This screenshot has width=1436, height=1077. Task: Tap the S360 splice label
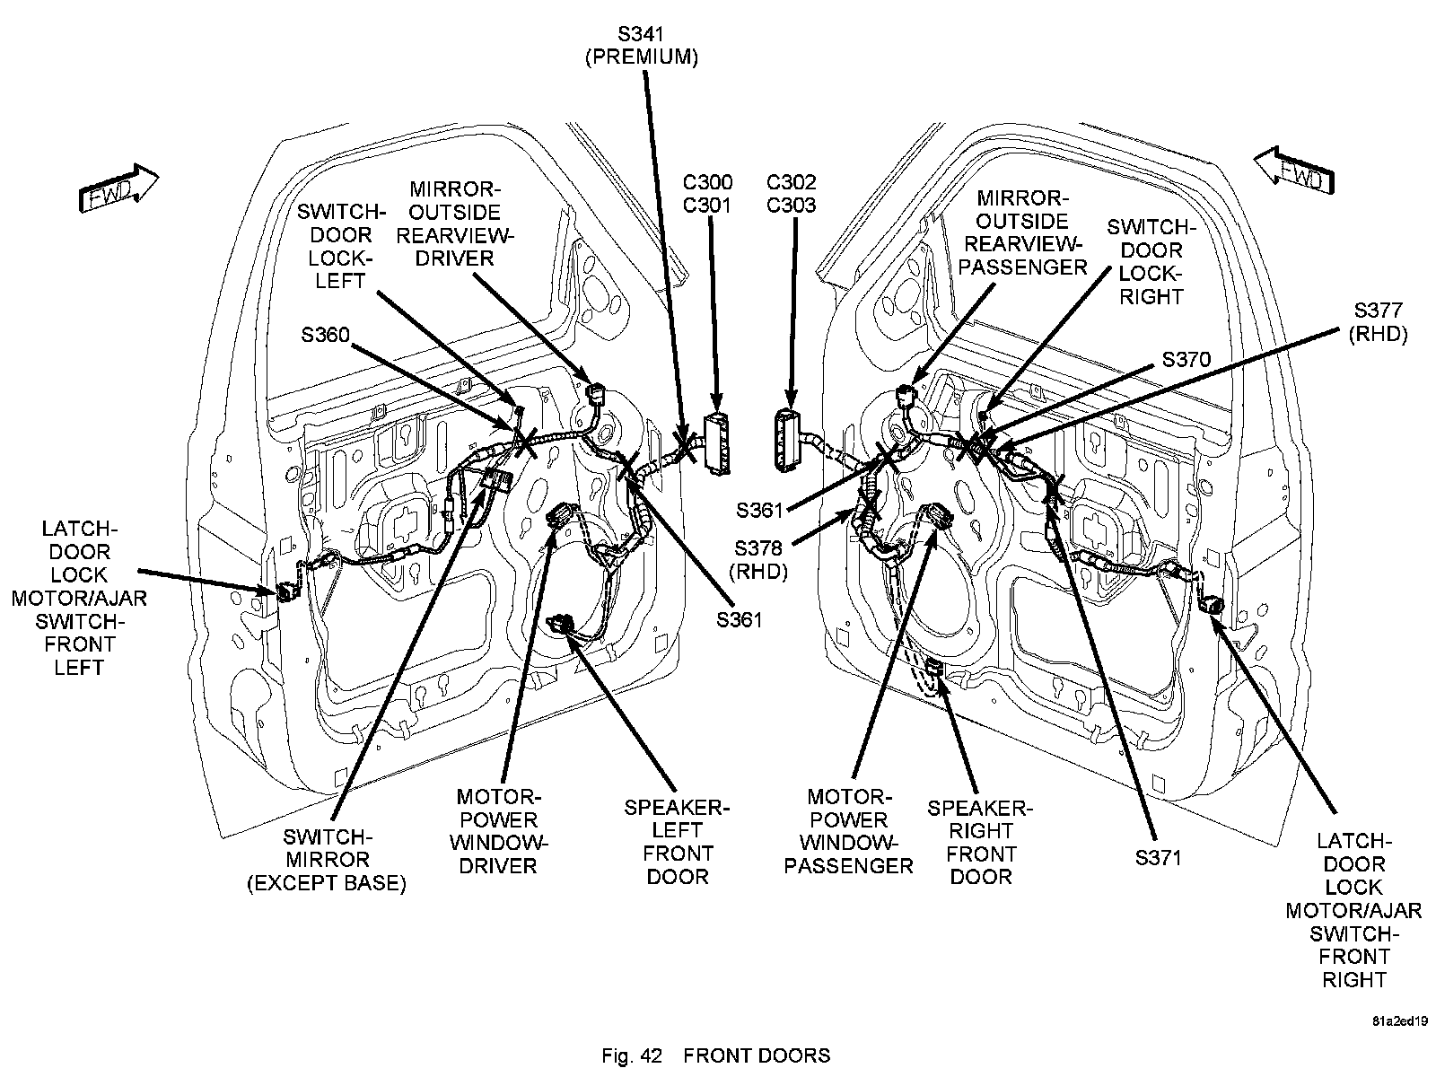tap(325, 335)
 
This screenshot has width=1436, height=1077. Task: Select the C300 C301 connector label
tap(707, 194)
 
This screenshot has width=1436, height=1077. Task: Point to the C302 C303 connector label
tap(791, 194)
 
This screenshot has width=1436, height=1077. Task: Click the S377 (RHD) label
tap(1379, 322)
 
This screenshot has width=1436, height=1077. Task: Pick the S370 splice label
tap(1186, 360)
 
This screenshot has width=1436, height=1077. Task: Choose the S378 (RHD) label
tap(758, 559)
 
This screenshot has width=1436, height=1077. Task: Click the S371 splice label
tap(1158, 857)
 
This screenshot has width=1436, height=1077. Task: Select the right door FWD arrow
tap(1292, 170)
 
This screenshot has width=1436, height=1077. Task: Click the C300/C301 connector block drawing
tap(717, 441)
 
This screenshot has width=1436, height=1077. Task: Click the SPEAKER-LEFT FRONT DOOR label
tap(678, 841)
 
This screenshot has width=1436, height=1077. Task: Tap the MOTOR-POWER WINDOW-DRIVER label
tap(498, 831)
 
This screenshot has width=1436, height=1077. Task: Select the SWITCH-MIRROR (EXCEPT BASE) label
tap(327, 860)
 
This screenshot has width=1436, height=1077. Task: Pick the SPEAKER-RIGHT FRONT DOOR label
tap(980, 842)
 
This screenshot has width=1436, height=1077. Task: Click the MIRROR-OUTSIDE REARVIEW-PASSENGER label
tap(1022, 232)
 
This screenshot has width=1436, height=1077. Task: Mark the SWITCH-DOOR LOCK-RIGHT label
tap(1151, 262)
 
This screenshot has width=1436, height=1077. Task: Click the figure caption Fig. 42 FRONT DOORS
tap(715, 1055)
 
